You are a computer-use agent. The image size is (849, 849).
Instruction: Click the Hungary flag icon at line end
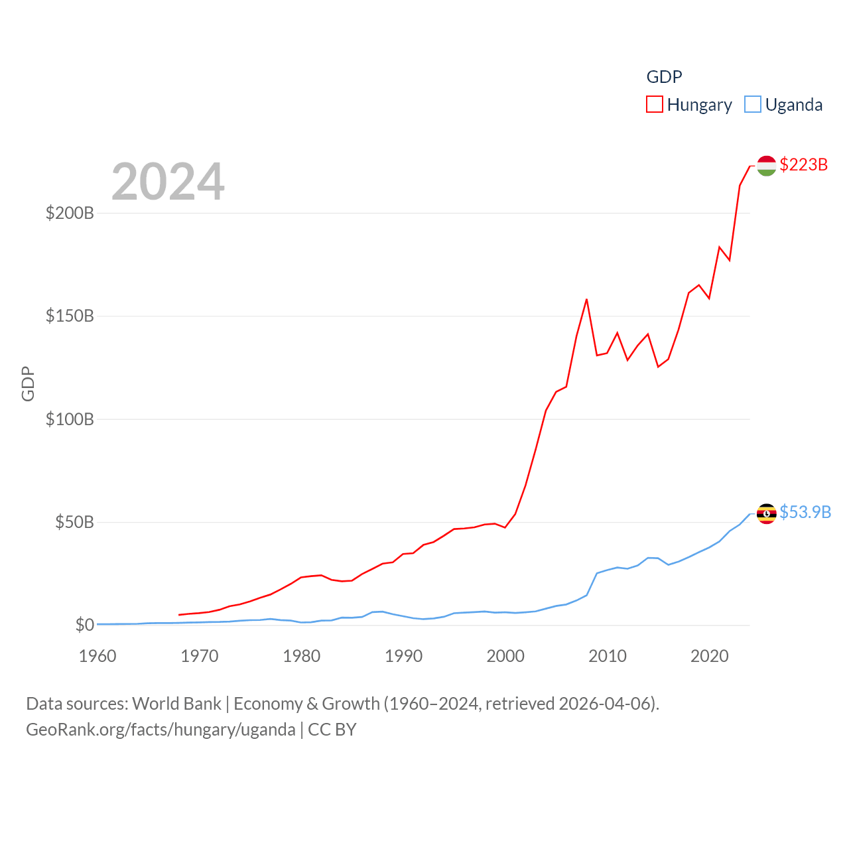(766, 166)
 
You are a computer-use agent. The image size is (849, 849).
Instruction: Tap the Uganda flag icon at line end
(766, 513)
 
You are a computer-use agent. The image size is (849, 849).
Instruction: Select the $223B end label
(803, 164)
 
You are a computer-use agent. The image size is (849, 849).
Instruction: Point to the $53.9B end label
(805, 512)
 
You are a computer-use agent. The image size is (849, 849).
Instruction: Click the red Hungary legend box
(655, 105)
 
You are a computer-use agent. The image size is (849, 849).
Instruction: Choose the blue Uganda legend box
(753, 105)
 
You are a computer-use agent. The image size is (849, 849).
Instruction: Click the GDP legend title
(664, 77)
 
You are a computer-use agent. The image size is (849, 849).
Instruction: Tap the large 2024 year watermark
(168, 182)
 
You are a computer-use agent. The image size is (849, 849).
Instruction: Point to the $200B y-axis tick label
(70, 213)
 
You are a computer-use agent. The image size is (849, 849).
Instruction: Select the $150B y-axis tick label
(70, 316)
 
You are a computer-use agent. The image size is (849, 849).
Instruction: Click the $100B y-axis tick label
(70, 419)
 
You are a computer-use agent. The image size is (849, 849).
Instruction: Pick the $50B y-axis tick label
(74, 522)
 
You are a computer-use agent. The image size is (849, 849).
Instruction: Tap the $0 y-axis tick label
(85, 625)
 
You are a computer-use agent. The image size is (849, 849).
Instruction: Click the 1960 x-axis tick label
(98, 656)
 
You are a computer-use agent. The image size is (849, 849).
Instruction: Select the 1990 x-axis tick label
(403, 656)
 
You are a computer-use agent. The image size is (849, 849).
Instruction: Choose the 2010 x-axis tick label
(608, 656)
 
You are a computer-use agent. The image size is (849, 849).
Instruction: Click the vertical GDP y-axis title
(28, 383)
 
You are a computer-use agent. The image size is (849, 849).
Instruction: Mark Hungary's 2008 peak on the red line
(586, 300)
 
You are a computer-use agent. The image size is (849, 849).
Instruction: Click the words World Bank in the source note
(176, 703)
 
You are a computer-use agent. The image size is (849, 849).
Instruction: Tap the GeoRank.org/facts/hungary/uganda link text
(161, 730)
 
